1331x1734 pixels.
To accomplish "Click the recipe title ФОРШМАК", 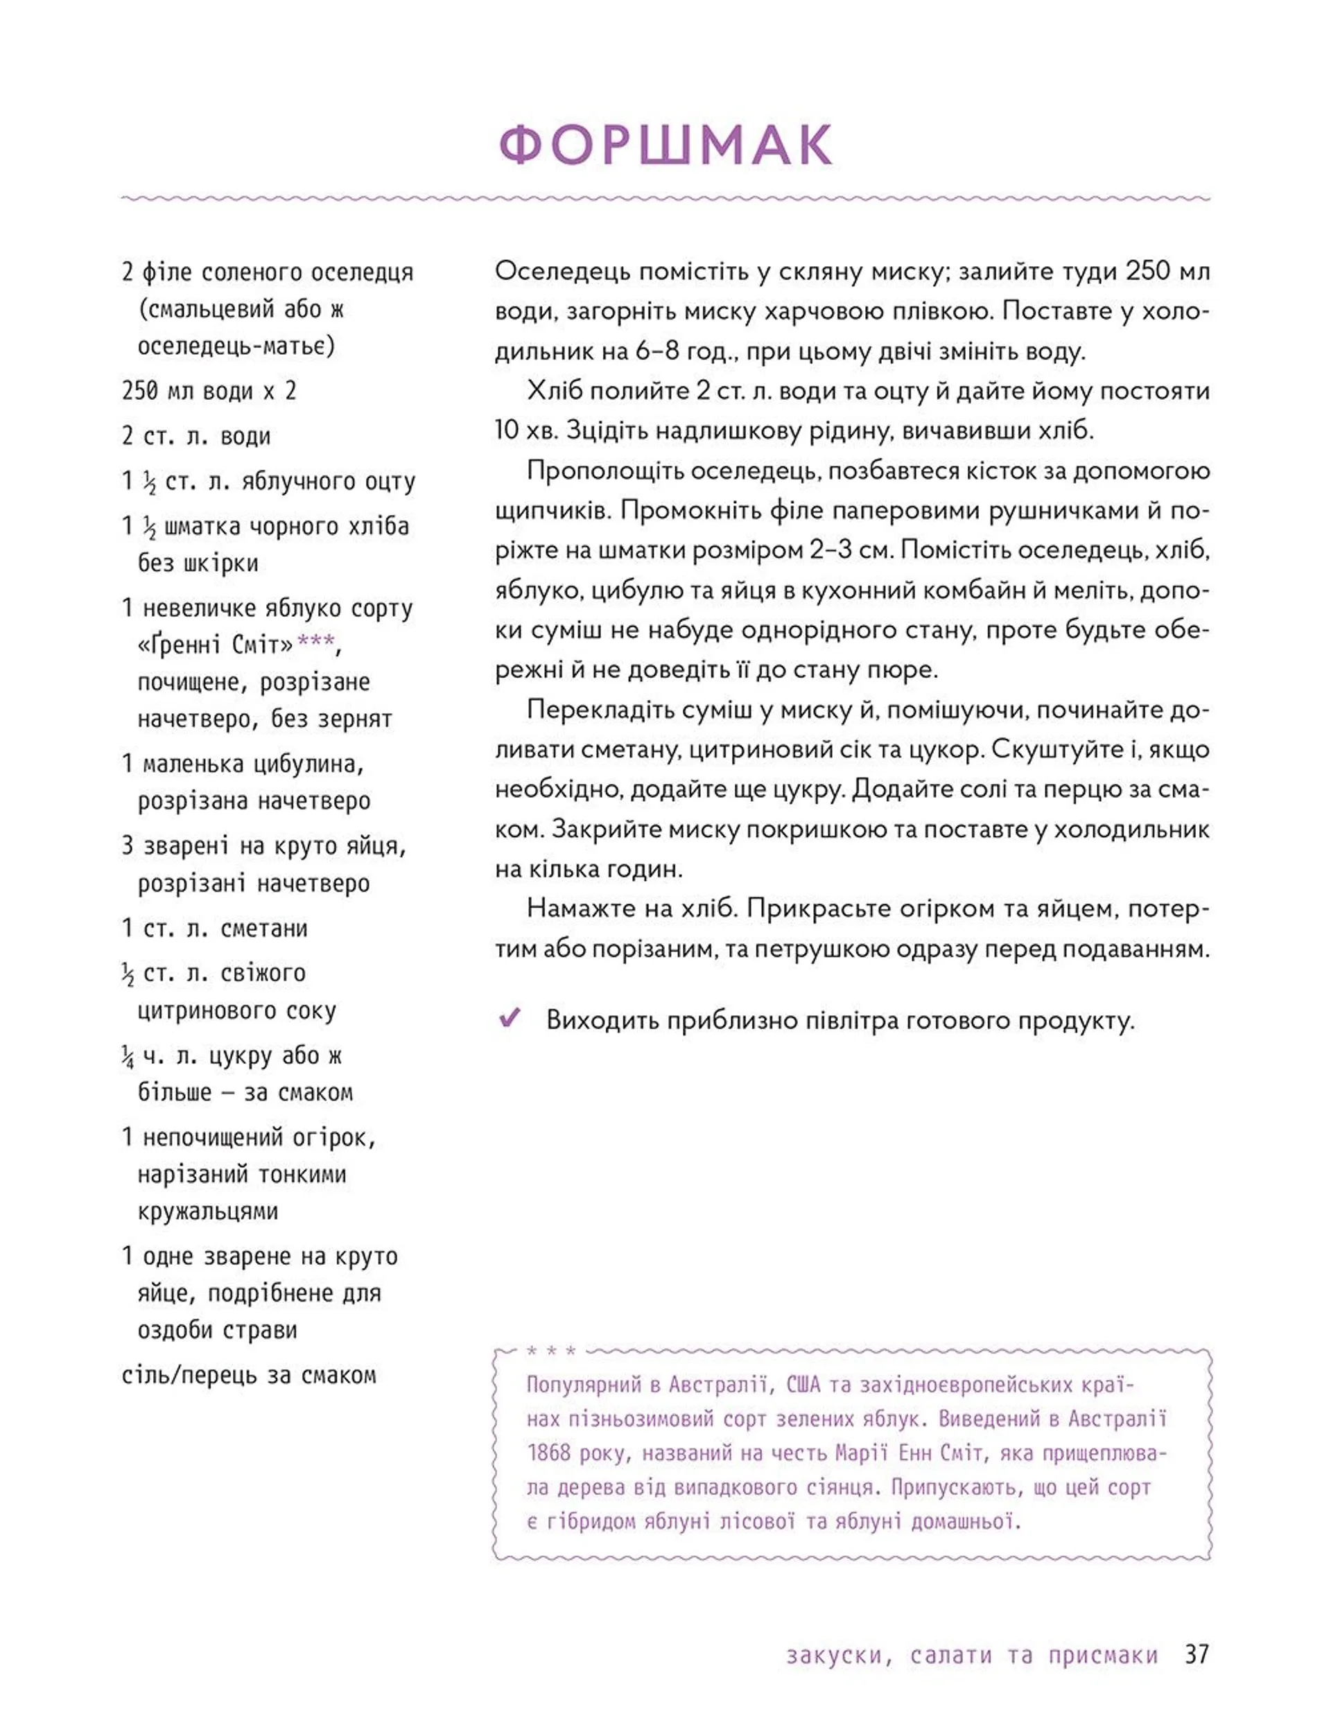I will coord(665,144).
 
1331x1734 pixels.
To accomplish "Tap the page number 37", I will coord(1197,1654).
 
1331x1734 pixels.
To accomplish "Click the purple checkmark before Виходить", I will coord(510,1017).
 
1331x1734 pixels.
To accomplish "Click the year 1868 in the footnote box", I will coord(548,1453).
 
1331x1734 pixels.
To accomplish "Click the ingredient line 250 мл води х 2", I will coord(209,390).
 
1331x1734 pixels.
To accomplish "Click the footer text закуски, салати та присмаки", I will coord(972,1655).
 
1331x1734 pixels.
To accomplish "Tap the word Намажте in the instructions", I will coord(577,908).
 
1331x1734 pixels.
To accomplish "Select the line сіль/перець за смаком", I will coord(248,1374).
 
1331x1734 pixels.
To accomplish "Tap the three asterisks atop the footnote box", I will coord(550,1351).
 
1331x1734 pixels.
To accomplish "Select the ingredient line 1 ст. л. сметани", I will coord(214,927).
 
